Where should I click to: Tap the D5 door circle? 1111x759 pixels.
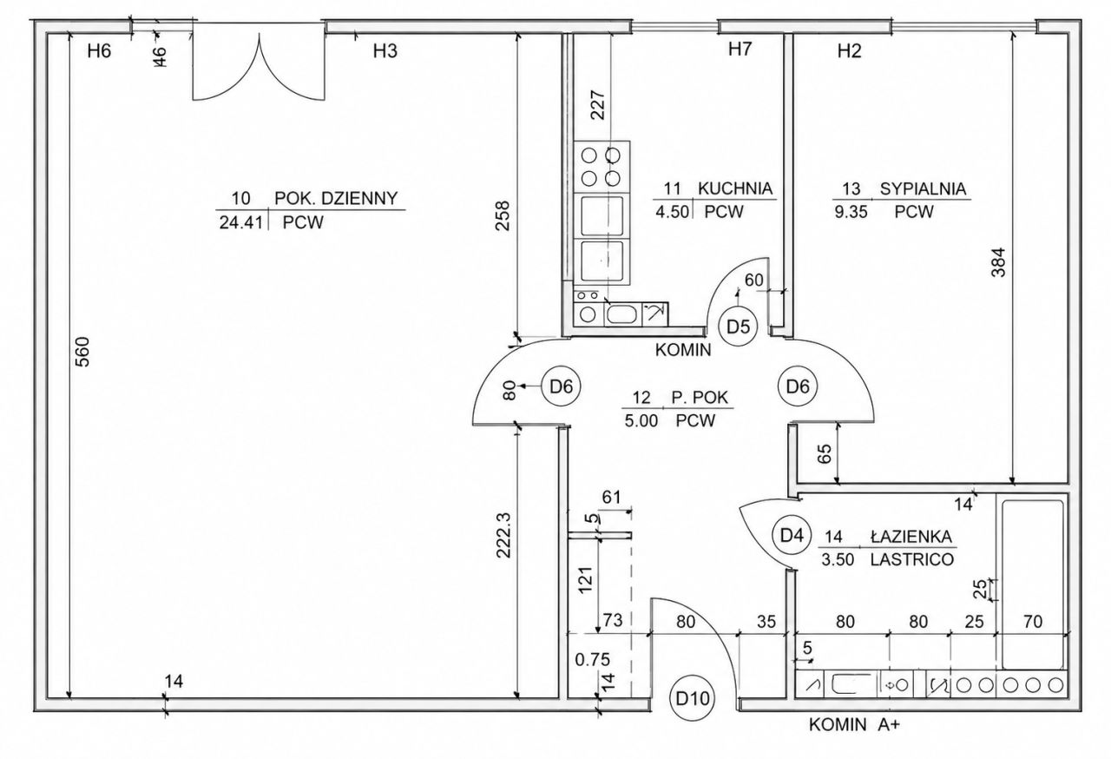tap(739, 327)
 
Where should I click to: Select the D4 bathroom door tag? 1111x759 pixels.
tap(792, 535)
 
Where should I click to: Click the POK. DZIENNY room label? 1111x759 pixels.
tap(336, 198)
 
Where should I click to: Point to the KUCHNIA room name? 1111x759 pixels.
tap(735, 188)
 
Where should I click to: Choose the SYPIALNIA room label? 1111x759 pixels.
tap(923, 189)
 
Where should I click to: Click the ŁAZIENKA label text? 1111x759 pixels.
tap(911, 537)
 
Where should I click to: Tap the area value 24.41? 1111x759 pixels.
tap(241, 222)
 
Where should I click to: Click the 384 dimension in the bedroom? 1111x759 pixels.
tap(998, 262)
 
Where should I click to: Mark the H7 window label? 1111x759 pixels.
tap(740, 49)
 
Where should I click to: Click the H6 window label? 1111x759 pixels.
tap(99, 50)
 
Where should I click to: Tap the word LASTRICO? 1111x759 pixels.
tap(912, 559)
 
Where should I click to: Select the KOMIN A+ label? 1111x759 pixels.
tap(854, 725)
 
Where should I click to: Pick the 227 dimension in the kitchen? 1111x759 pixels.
tap(599, 104)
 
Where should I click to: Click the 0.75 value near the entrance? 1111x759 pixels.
tap(592, 660)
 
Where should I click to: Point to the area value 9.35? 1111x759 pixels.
tap(851, 212)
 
